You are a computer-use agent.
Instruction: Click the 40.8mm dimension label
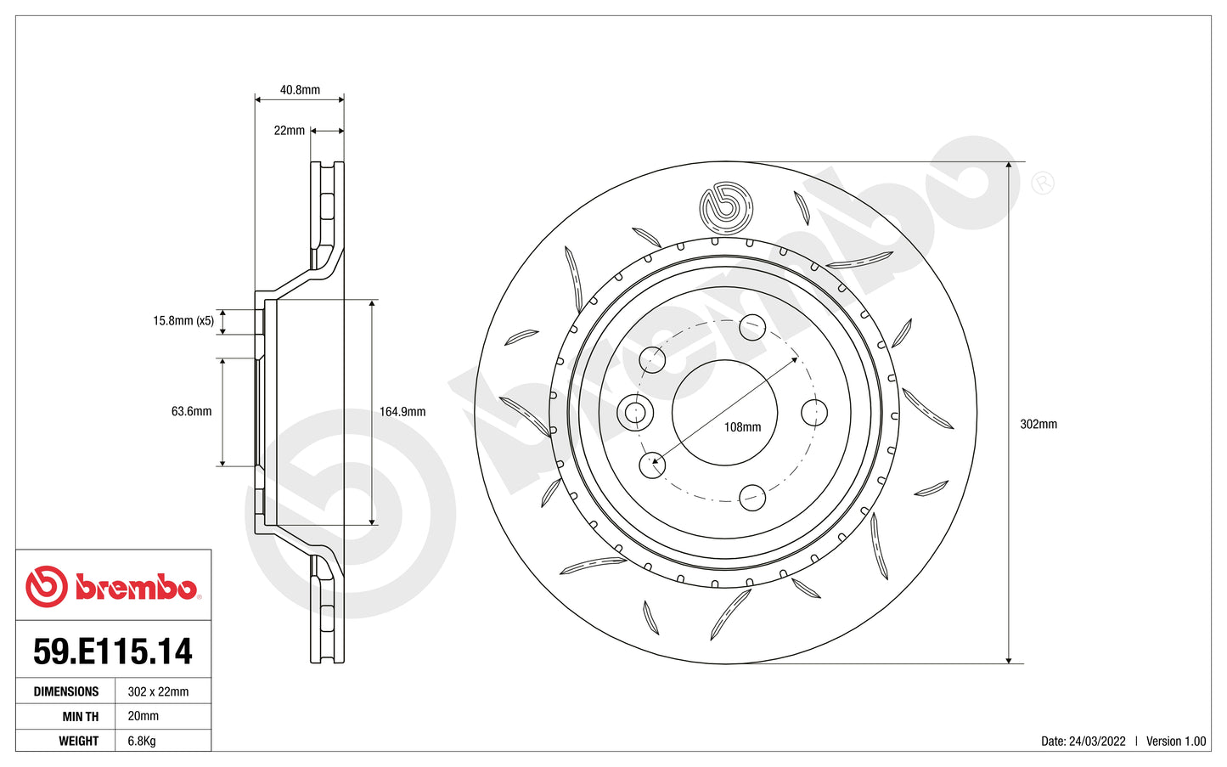tap(300, 90)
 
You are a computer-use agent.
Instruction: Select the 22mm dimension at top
tap(289, 131)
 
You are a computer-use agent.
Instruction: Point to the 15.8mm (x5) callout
tap(183, 321)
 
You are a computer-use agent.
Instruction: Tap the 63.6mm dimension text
tap(191, 411)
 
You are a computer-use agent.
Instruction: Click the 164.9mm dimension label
tap(402, 412)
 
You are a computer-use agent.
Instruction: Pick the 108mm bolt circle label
tap(742, 427)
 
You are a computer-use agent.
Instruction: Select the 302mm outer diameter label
tap(1038, 424)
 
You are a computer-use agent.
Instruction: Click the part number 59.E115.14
tap(113, 651)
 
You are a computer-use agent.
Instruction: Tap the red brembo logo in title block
tap(112, 586)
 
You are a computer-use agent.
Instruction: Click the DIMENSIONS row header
tap(66, 691)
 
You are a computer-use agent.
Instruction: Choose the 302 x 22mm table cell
tap(158, 691)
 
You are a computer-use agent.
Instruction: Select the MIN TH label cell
tap(80, 716)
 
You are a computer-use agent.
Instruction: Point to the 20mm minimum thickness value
tap(143, 716)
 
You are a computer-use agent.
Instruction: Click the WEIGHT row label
tap(78, 741)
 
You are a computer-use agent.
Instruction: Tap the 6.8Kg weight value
tap(142, 741)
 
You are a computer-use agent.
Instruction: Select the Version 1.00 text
tap(1175, 741)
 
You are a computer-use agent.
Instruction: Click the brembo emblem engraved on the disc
tap(725, 207)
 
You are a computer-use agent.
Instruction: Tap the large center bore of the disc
tap(724, 413)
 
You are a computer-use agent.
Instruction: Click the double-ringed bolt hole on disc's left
tap(634, 414)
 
